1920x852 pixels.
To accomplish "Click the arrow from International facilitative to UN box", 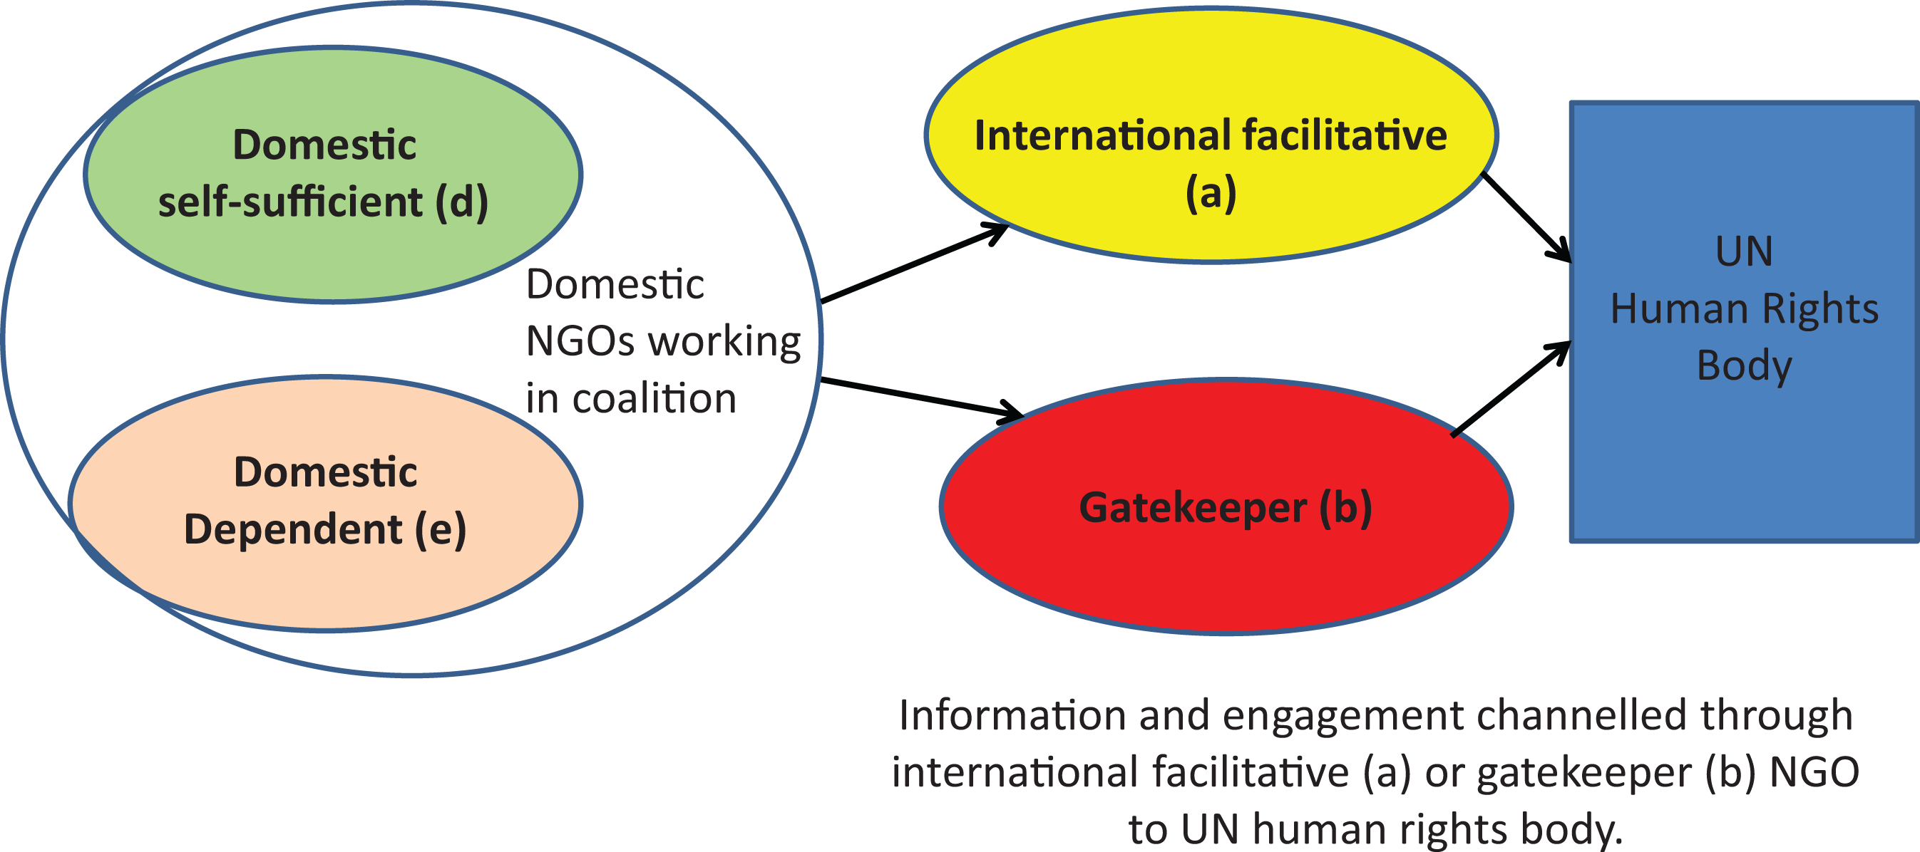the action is tap(1526, 217).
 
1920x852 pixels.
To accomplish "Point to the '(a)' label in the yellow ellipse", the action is tap(1211, 193).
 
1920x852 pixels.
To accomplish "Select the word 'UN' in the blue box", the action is tap(1744, 251).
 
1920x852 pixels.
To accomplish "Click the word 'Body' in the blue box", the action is tap(1744, 365).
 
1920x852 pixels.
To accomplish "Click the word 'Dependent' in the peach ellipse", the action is tap(293, 529).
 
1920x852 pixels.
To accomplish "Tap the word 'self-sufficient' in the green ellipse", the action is tap(290, 201).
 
